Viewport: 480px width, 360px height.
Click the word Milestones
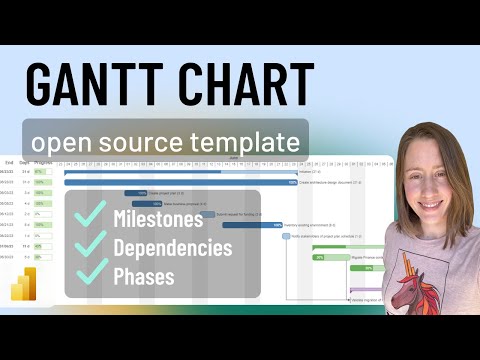coord(158,219)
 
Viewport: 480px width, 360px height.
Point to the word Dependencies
coord(173,246)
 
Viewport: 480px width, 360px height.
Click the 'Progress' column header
coord(43,160)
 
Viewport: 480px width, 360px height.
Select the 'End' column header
coord(7,160)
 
